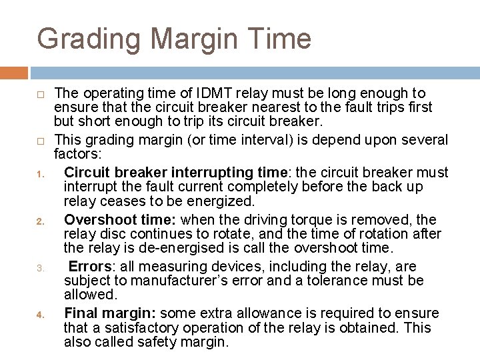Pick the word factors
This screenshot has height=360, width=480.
tap(76, 154)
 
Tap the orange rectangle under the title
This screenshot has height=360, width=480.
tap(14, 72)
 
